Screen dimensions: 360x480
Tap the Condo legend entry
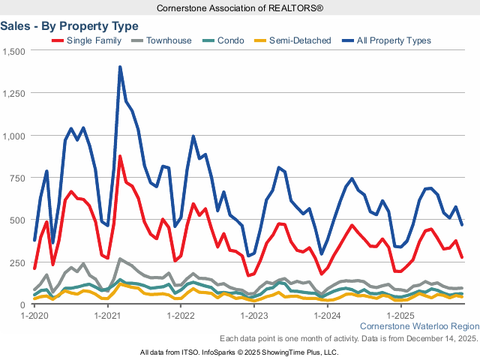coord(230,40)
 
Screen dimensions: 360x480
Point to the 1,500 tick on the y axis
coord(14,51)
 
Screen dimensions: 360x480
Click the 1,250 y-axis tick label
coord(14,94)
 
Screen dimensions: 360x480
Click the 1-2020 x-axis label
coord(35,316)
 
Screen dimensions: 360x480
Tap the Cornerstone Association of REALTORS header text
coord(240,7)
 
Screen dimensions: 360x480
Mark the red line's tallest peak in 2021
coord(120,156)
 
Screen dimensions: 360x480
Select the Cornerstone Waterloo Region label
coord(419,327)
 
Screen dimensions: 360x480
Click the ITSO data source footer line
coord(240,352)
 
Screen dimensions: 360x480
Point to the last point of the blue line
coord(461,225)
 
